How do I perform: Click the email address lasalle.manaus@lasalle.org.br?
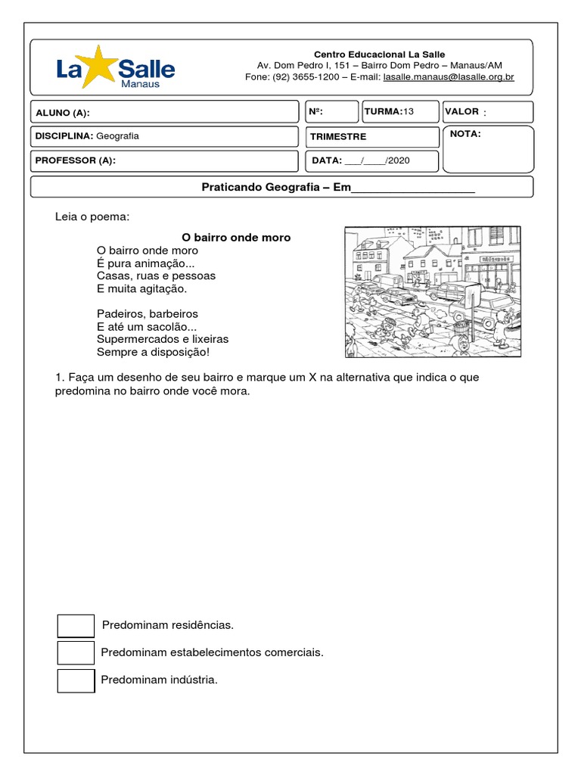tap(449, 77)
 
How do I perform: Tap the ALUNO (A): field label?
tap(63, 113)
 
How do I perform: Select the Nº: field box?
tap(331, 112)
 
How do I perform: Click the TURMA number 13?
tap(409, 111)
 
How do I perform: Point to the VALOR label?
tap(462, 111)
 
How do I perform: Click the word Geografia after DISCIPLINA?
tap(118, 136)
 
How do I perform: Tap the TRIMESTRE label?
tap(339, 137)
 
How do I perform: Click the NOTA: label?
tap(465, 134)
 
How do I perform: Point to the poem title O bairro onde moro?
tap(236, 238)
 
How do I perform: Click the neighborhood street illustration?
tap(433, 291)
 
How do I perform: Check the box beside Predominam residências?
tap(76, 626)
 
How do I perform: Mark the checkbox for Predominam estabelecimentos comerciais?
tap(76, 653)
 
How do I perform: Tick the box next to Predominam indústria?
tap(76, 680)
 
